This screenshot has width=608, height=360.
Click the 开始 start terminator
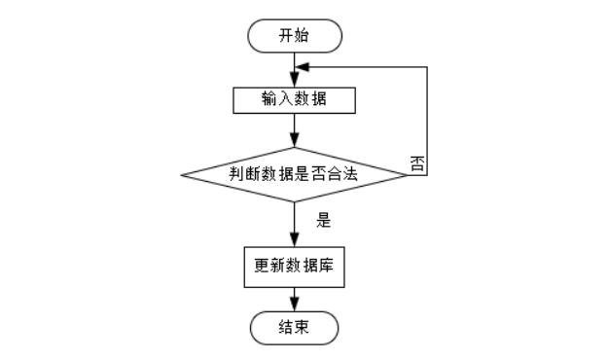point(295,36)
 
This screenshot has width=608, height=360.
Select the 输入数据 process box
point(295,100)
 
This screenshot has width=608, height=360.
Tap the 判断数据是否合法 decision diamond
point(294,175)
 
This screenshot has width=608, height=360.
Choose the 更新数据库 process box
point(295,268)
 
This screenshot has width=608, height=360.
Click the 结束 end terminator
point(295,328)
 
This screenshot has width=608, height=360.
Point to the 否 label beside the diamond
point(417,163)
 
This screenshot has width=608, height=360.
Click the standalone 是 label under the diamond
point(324,220)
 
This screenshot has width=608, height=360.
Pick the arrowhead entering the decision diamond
point(295,139)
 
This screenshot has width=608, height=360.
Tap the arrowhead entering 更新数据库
point(295,239)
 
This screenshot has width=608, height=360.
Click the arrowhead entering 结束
point(295,304)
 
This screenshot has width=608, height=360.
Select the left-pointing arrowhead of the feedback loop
point(303,67)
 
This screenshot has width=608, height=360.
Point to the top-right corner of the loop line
point(427,67)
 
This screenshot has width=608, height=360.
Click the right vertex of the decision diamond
point(408,175)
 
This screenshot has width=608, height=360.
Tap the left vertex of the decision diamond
point(181,175)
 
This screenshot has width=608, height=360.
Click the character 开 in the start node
point(286,36)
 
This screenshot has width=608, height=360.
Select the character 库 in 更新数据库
point(326,266)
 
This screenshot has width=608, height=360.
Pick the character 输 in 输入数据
point(269,98)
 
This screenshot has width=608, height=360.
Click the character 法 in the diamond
point(349,173)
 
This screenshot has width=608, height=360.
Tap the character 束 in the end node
point(302,327)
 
